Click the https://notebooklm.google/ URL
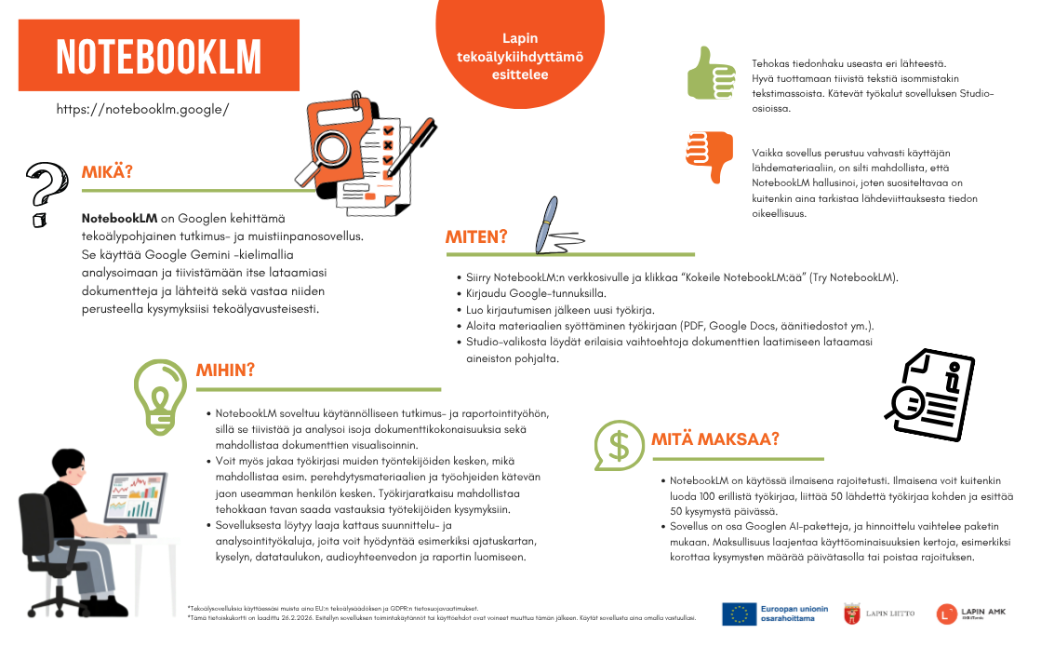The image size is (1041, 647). click(x=142, y=109)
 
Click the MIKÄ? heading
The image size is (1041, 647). click(x=107, y=172)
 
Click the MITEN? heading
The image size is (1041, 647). click(x=475, y=236)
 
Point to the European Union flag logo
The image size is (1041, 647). click(x=740, y=613)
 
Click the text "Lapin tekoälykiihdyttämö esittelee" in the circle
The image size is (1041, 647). click(x=519, y=57)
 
